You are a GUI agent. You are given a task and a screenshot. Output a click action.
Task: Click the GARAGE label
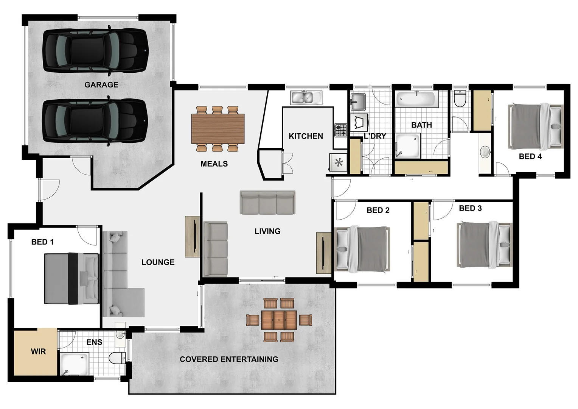pos(101,85)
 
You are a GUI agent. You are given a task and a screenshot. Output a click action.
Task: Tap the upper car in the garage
pos(95,50)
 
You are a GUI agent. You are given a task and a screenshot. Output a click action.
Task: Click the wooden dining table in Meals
pos(218,129)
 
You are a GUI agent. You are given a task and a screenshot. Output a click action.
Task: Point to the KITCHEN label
pos(306,136)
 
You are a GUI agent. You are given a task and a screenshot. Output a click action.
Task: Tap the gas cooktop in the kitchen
pos(340,130)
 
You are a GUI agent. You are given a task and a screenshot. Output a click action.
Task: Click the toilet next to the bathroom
pos(460,99)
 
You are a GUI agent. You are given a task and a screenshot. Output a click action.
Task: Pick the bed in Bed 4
pos(534,126)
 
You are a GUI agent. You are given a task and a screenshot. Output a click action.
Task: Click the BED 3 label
pos(470,208)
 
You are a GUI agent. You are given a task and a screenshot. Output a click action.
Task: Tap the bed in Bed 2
pos(362,249)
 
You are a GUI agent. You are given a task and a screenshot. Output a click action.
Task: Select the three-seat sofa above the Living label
pos(267,203)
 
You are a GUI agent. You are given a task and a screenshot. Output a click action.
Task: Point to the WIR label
pos(38,351)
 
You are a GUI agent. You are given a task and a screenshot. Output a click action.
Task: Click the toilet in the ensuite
pos(117,358)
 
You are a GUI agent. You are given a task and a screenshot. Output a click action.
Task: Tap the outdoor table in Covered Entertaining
pos(279,320)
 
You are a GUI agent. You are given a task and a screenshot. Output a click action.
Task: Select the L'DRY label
pos(375,136)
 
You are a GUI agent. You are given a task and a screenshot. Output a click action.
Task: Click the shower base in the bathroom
pos(407,146)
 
